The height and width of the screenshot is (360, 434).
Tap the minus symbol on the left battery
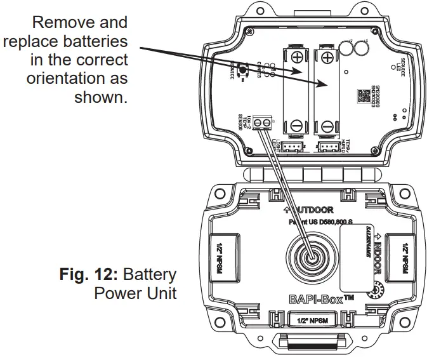pos(297,125)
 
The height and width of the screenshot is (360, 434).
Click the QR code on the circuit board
pos(362,96)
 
